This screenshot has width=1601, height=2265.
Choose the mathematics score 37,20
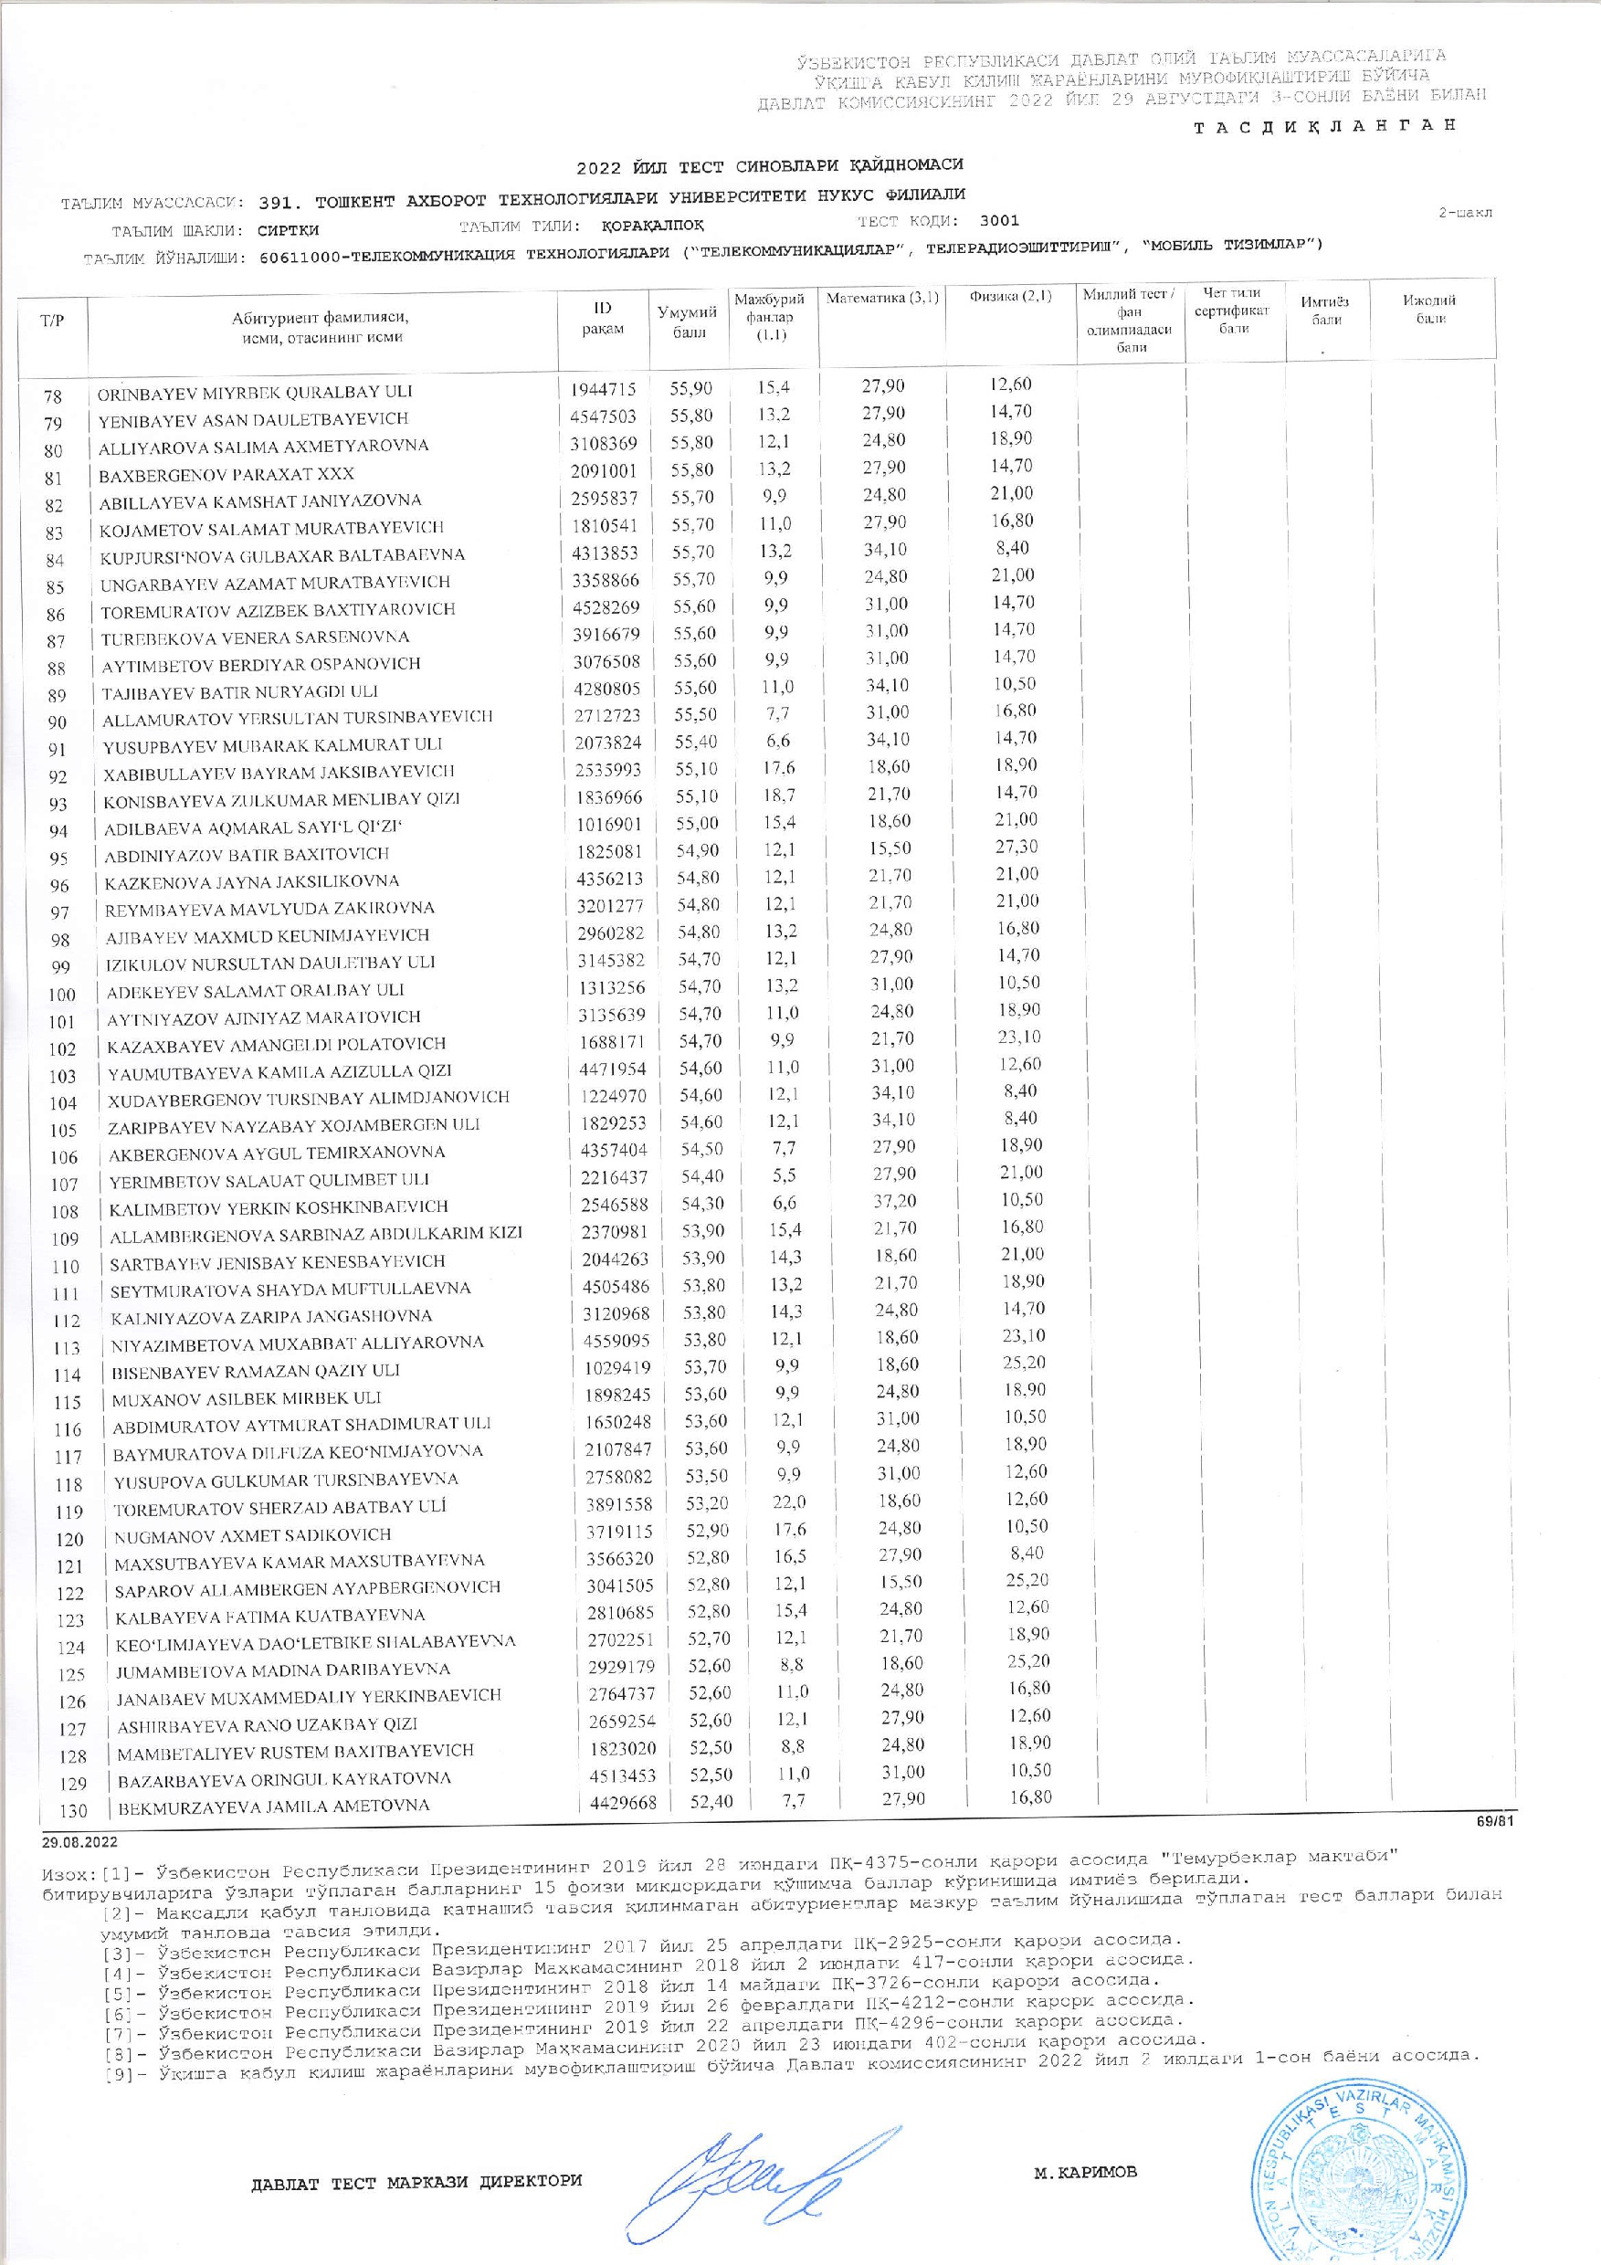(x=890, y=1202)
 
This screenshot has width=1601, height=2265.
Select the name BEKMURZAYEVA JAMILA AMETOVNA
(x=273, y=1807)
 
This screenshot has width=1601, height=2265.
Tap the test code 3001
(x=999, y=221)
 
